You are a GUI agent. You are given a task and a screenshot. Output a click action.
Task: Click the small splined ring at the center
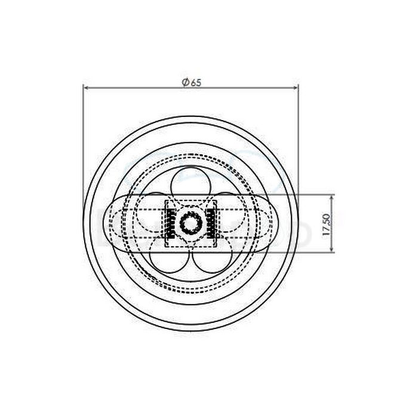[x=190, y=224]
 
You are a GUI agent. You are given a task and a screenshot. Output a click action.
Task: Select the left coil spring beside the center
[x=170, y=225]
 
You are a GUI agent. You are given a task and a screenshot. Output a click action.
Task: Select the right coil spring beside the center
[x=211, y=225]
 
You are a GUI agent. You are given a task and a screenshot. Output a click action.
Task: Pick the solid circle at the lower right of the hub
[x=213, y=257]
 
